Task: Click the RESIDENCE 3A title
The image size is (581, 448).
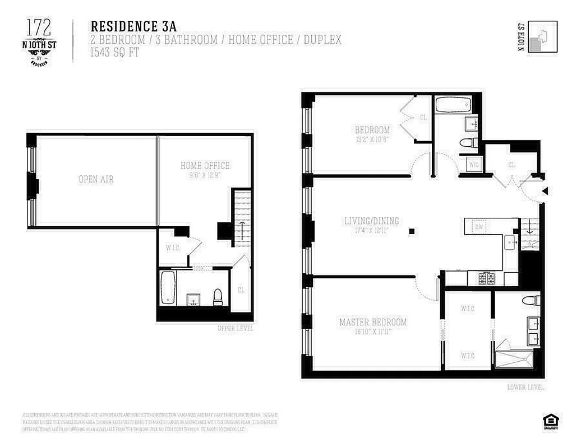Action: click(x=132, y=26)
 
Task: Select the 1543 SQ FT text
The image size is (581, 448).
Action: click(x=115, y=53)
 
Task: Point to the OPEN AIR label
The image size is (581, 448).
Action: click(x=96, y=179)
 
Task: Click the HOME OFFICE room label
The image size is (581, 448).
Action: click(x=205, y=166)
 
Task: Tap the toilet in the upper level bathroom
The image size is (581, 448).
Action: click(x=218, y=297)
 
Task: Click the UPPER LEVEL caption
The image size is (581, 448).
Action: click(x=235, y=328)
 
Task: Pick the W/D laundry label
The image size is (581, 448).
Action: click(x=474, y=165)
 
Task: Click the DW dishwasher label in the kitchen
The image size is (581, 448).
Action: click(x=479, y=227)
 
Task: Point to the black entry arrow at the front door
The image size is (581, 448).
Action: click(x=544, y=192)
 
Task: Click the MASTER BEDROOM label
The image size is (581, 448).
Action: click(x=373, y=322)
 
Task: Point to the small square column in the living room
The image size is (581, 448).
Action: click(x=412, y=231)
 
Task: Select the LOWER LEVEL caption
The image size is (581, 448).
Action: click(x=525, y=387)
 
